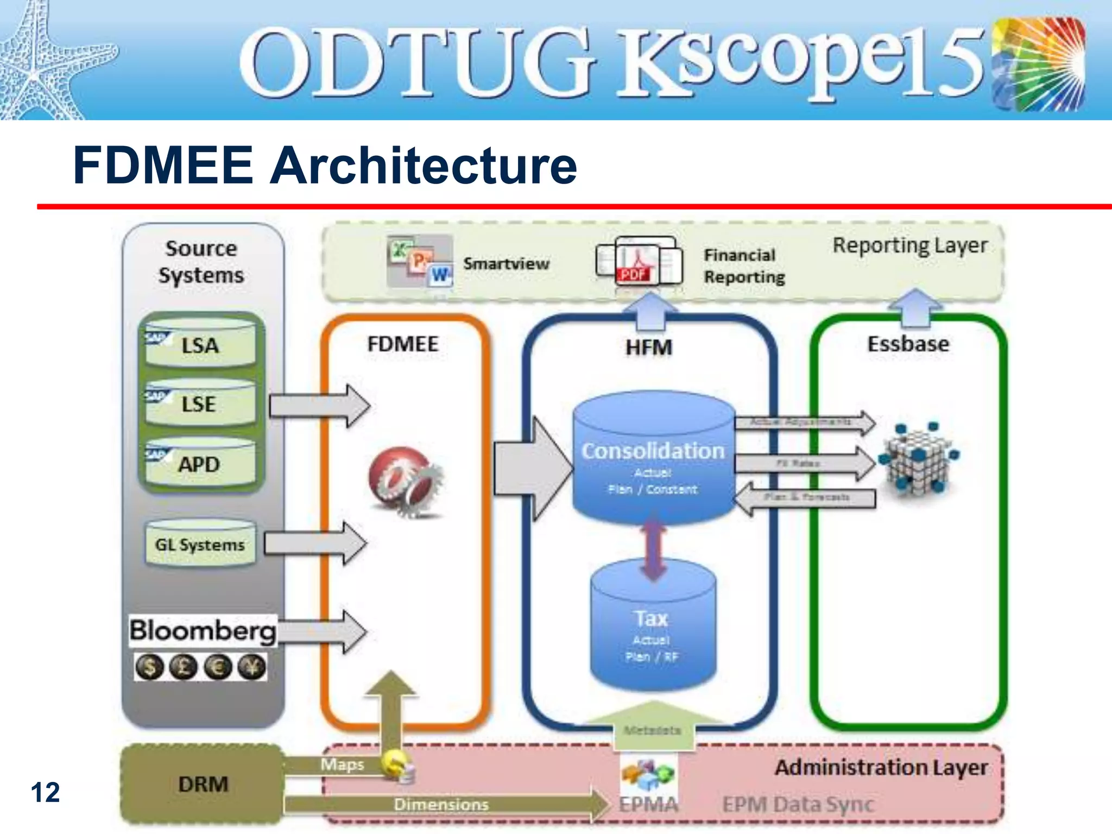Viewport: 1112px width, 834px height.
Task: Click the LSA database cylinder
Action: pyautogui.click(x=200, y=344)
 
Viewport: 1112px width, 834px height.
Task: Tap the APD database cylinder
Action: pyautogui.click(x=200, y=463)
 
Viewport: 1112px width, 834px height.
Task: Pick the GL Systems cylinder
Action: pyautogui.click(x=200, y=544)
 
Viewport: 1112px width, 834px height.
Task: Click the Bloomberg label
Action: pyautogui.click(x=203, y=631)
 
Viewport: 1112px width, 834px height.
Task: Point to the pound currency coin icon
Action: pyautogui.click(x=183, y=667)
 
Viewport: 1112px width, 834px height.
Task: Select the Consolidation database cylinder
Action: pyautogui.click(x=653, y=459)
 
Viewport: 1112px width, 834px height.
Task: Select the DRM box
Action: pyautogui.click(x=203, y=784)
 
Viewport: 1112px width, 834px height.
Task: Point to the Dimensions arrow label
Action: pyautogui.click(x=441, y=804)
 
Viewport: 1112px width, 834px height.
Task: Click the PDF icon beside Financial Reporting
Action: pyautogui.click(x=633, y=274)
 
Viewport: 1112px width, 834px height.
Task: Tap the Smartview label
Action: pyautogui.click(x=506, y=264)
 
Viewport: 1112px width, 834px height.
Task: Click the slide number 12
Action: pyautogui.click(x=45, y=793)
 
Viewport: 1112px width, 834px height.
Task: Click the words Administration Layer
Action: pyautogui.click(x=881, y=768)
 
